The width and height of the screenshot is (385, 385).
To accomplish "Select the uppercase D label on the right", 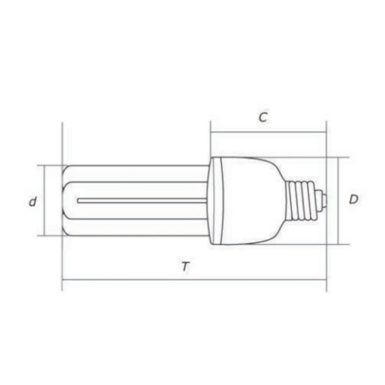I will (353, 200).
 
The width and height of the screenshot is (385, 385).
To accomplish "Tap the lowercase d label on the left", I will (33, 201).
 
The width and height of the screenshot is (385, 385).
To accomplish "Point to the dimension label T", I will (185, 267).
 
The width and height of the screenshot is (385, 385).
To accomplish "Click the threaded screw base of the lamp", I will (300, 200).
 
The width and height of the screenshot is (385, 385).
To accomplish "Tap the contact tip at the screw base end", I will (323, 200).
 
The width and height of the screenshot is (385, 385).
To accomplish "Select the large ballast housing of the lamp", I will (246, 200).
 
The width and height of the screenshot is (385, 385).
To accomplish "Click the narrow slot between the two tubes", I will (142, 200).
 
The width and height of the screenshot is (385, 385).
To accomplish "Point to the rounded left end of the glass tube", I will (66, 200).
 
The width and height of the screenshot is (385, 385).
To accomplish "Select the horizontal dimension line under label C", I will (268, 133).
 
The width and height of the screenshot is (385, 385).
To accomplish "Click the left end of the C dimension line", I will (210, 133).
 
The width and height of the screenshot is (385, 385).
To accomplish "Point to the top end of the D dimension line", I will (338, 157).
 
